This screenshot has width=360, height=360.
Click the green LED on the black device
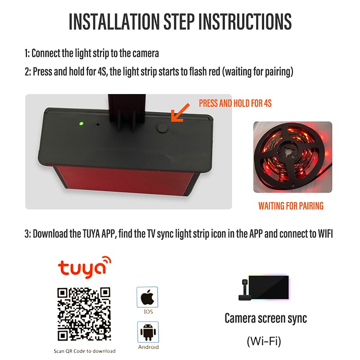(x=81, y=123)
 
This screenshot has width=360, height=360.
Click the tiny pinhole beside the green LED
(x=98, y=125)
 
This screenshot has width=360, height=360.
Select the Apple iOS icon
(x=148, y=297)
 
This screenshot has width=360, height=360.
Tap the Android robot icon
(x=148, y=332)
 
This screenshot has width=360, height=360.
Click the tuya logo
(x=85, y=267)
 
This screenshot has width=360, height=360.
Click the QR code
(x=84, y=314)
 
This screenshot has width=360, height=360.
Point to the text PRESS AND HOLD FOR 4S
(x=235, y=103)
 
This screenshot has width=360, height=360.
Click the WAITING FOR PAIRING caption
(x=291, y=206)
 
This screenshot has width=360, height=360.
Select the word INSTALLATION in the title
(x=114, y=21)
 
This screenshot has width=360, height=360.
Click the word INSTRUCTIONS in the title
(x=245, y=21)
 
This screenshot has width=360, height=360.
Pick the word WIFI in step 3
(x=325, y=234)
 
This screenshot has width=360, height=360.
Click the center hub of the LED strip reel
(x=288, y=152)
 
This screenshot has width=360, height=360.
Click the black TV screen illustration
(x=269, y=288)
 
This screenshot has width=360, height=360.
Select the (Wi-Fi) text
(x=264, y=341)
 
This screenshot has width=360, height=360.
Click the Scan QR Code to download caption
(x=85, y=351)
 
